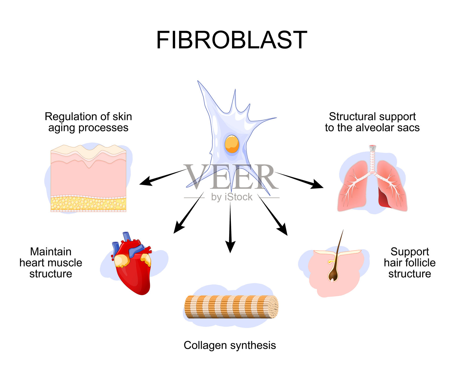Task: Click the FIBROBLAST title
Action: pyautogui.click(x=231, y=40)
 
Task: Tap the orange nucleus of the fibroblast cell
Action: pyautogui.click(x=232, y=144)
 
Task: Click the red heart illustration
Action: pyautogui.click(x=133, y=269)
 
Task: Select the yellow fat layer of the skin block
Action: pyautogui.click(x=88, y=204)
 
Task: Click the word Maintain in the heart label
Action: pyautogui.click(x=51, y=252)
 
